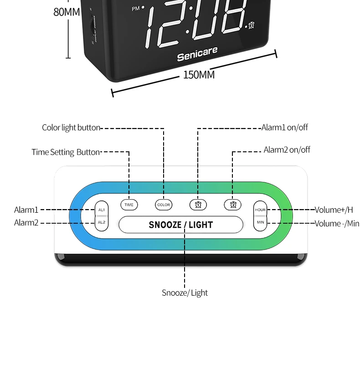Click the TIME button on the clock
[x=129, y=205]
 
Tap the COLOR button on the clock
[x=164, y=205]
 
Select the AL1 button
[x=101, y=210]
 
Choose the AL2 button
[x=101, y=222]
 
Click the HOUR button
[x=260, y=210]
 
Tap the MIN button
[x=260, y=222]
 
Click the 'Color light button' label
[x=71, y=128]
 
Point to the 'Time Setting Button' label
[x=66, y=152]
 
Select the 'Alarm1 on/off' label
[x=285, y=128]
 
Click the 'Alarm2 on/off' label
[x=287, y=150]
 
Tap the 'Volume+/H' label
[x=334, y=210]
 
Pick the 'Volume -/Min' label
[x=337, y=223]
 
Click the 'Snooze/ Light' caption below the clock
[x=185, y=293]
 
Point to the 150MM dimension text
[x=199, y=75]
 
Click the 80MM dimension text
[x=67, y=12]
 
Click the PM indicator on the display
[x=136, y=9]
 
